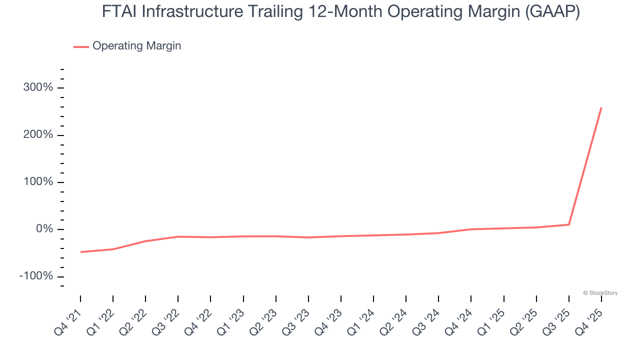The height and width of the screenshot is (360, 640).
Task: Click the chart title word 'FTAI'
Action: point(119,11)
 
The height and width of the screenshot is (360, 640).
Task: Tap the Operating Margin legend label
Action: point(136,46)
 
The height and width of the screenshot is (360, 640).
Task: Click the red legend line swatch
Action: point(81,46)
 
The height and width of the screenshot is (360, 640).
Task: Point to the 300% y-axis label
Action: point(38,87)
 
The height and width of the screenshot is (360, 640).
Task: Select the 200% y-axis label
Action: point(38,135)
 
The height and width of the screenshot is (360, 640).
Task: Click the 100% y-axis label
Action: point(38,182)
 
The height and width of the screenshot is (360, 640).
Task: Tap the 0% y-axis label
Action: point(44,229)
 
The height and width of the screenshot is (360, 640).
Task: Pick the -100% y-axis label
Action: point(36,276)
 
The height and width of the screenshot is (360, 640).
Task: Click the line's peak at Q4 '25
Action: point(601,107)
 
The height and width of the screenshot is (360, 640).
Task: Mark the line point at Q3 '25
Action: point(568,224)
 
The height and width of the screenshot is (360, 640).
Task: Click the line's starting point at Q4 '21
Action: point(80,252)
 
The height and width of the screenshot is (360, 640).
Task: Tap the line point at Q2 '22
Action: point(145,241)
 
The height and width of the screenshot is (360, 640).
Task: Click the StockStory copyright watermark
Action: point(600,293)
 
